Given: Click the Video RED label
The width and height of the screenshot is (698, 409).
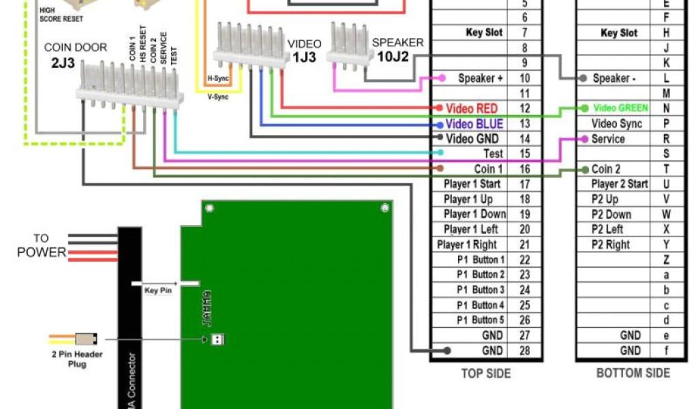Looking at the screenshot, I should coord(472,108).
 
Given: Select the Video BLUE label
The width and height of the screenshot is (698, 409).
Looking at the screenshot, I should coord(474,124).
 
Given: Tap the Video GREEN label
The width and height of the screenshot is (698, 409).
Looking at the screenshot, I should coord(620,108).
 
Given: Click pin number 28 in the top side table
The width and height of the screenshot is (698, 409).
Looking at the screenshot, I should coord(524,351).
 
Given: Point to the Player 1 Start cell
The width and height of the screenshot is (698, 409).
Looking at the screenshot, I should coord(472,184).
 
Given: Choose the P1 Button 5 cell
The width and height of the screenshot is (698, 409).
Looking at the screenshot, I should coord(481,320).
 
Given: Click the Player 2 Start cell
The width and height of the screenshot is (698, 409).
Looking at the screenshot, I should coord(619,184).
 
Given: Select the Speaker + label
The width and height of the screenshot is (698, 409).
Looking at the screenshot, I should coord(481,78).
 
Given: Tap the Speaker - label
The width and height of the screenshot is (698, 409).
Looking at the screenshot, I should coord(614,78).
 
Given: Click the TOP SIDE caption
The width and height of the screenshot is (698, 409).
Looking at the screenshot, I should coord(485,374).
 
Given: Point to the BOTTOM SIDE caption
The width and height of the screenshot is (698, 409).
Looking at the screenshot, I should coord(633,374).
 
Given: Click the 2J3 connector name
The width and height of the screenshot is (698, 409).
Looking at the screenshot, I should coord(63,65).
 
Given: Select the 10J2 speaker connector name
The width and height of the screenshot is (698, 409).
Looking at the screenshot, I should coord(393,57).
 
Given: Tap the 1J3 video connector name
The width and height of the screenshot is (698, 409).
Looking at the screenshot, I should coord(304,58).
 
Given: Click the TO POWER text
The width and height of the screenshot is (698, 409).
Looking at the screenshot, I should coord(42,246).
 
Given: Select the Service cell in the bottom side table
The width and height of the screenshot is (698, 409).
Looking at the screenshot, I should coord(608,139).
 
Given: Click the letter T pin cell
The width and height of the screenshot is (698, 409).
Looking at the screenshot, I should coord(666,169).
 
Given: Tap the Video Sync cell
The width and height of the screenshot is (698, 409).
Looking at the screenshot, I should coord(616,124).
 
